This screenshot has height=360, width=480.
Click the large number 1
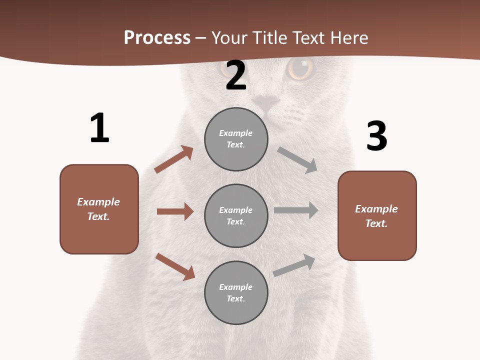(99, 128)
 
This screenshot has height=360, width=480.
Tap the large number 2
(236, 75)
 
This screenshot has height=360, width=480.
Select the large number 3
(376, 136)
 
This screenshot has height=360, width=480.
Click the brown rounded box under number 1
(99, 209)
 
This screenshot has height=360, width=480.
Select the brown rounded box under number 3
(377, 216)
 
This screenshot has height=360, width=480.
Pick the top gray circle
(236, 139)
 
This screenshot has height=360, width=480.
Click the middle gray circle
(236, 215)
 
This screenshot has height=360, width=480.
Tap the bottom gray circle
(236, 292)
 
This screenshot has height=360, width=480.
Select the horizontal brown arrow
(175, 211)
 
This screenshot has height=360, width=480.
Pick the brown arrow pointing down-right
(175, 266)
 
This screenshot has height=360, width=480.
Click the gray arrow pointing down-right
(297, 159)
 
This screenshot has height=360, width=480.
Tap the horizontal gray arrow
(296, 210)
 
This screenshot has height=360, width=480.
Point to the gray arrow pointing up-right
(294, 265)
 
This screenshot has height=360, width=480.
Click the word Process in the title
(157, 38)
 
